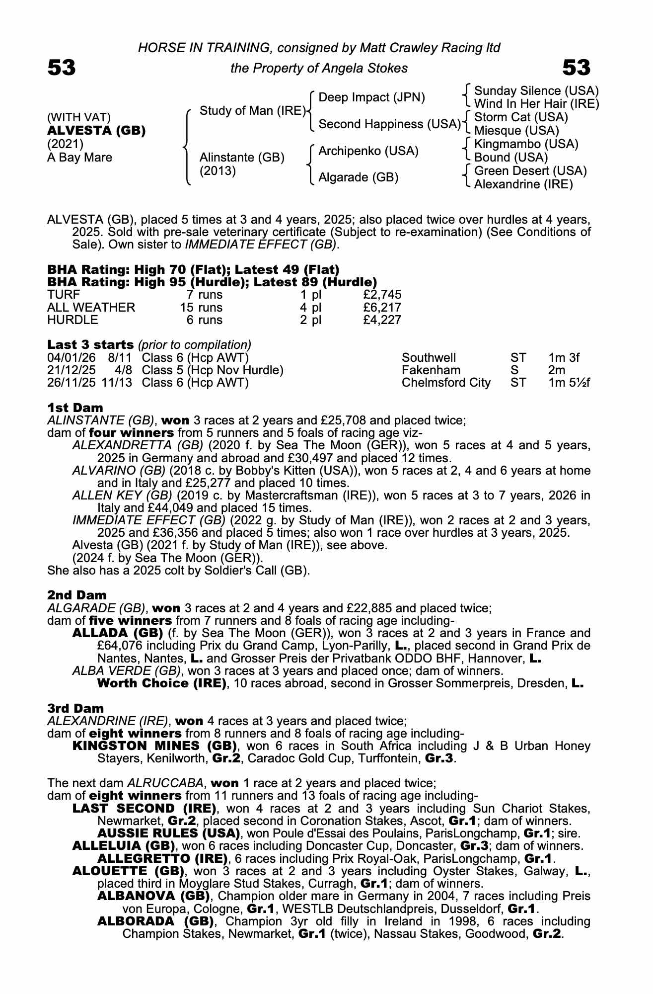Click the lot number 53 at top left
click(62, 68)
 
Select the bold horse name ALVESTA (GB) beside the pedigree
click(96, 131)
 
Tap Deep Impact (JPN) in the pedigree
click(371, 97)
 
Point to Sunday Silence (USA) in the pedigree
click(536, 91)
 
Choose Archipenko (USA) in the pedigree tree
click(368, 151)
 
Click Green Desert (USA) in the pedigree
click(530, 171)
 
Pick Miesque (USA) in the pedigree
click(516, 131)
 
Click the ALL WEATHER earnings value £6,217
click(382, 308)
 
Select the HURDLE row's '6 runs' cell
click(204, 321)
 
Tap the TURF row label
click(64, 295)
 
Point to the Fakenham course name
click(431, 370)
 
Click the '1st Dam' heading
click(75, 408)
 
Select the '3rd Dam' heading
click(75, 708)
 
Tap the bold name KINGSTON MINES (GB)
click(154, 746)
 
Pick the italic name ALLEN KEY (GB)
click(122, 496)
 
